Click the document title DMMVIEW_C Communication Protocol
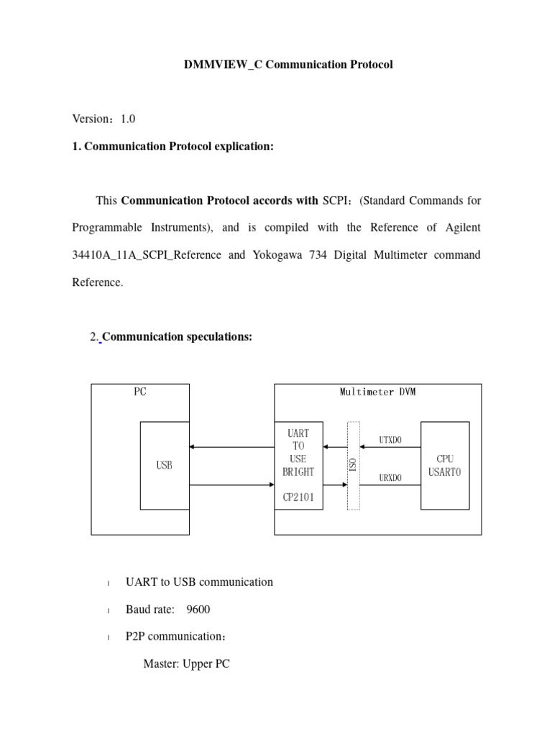[x=289, y=65]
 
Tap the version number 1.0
[x=128, y=119]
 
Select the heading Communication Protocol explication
[x=179, y=147]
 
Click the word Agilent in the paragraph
[x=460, y=228]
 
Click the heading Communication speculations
[x=178, y=337]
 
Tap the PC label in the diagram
[x=140, y=392]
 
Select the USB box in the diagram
[x=164, y=466]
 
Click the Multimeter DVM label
[x=377, y=392]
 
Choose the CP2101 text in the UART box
[x=298, y=496]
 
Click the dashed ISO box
[x=353, y=466]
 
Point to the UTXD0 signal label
[x=390, y=439]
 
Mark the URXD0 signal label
[x=390, y=477]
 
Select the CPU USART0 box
[x=445, y=466]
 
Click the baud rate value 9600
[x=198, y=609]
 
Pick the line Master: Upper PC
[x=186, y=664]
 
